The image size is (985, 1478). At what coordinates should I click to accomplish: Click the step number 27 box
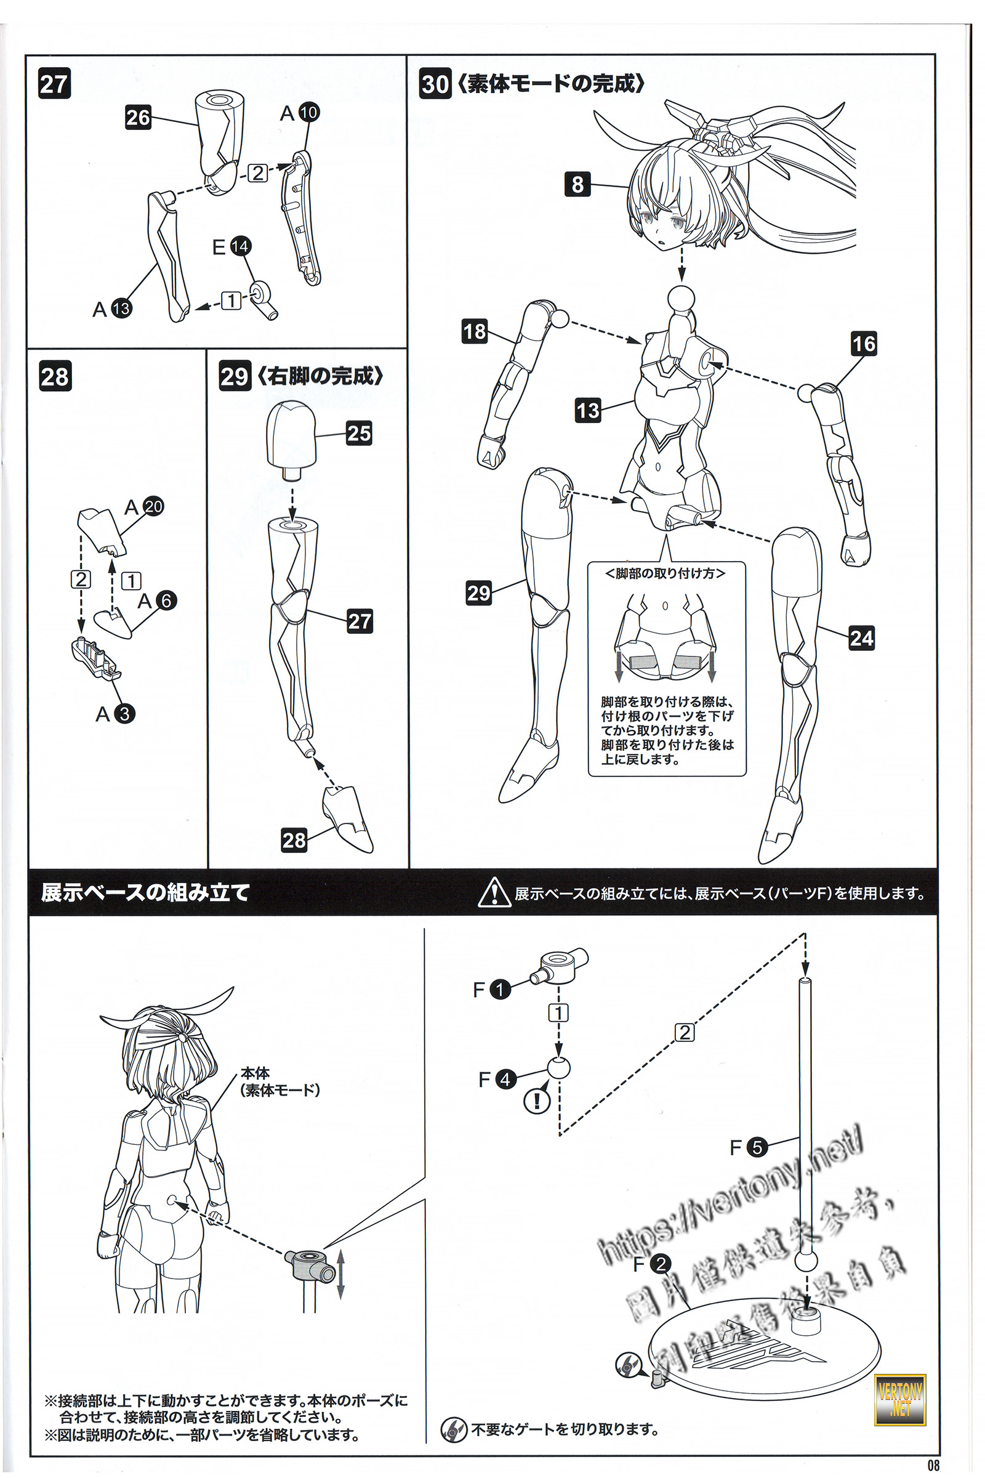[x=54, y=84]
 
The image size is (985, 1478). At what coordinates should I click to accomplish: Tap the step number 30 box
[x=435, y=84]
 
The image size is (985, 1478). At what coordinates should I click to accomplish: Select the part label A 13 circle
[x=121, y=309]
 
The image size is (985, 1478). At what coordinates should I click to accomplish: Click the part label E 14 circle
[x=240, y=246]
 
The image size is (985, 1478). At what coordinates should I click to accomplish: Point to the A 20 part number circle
[x=153, y=506]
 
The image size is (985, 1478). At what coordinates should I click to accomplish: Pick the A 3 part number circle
[x=124, y=714]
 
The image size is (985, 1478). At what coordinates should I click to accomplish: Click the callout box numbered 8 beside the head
[x=577, y=184]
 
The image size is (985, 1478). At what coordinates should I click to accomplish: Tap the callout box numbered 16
[x=864, y=344]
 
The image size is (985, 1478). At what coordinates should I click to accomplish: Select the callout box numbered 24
[x=861, y=639]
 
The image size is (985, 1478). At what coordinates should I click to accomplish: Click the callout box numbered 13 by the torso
[x=588, y=410]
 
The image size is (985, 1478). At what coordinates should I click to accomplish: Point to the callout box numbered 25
[x=359, y=433]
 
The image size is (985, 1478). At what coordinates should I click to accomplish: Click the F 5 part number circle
[x=757, y=1147]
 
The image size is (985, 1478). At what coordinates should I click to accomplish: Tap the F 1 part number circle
[x=500, y=990]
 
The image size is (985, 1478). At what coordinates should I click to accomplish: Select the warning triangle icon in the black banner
[x=494, y=892]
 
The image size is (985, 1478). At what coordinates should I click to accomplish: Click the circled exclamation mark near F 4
[x=537, y=1100]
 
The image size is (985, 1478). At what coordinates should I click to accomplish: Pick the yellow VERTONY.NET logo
[x=899, y=1399]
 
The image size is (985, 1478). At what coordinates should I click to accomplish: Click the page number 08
[x=934, y=1465]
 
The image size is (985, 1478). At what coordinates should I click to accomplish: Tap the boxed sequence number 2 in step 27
[x=257, y=173]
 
